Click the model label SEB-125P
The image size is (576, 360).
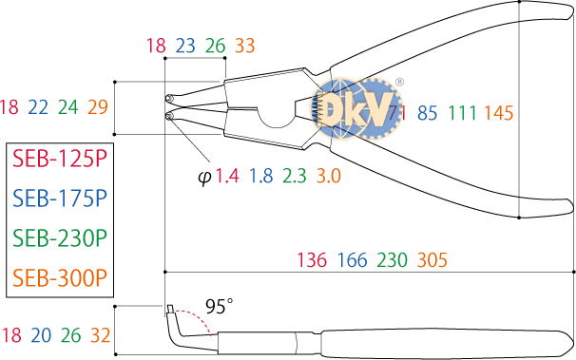point(60,159)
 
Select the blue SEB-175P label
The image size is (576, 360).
point(60,199)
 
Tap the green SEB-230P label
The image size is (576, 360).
point(60,238)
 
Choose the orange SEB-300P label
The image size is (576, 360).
point(60,278)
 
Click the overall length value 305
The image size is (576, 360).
point(432,260)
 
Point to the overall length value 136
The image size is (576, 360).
point(312,260)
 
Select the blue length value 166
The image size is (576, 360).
point(352,260)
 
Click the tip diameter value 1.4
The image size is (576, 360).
point(227,176)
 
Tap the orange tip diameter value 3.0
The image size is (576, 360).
point(329,176)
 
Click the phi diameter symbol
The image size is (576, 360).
point(204,178)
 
